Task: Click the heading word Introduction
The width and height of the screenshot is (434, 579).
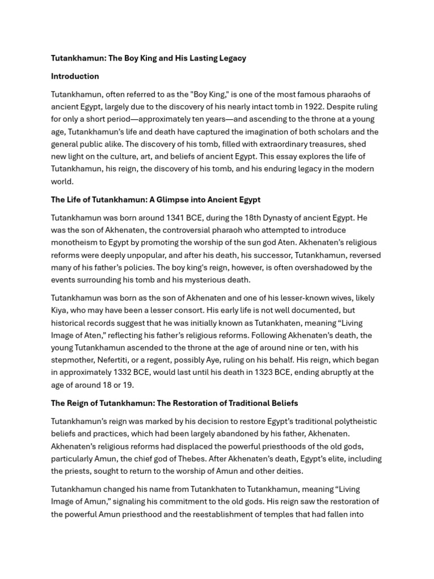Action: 75,76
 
